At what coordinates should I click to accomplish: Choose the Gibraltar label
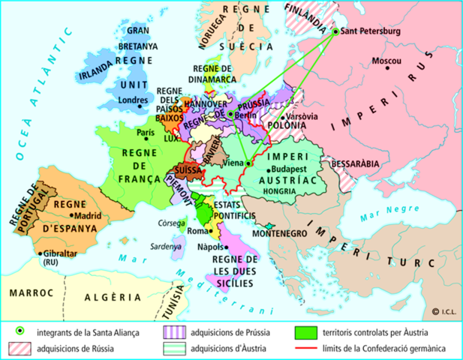pos(60,253)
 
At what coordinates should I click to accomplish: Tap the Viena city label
pos(234,163)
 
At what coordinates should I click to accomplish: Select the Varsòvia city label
pos(304,117)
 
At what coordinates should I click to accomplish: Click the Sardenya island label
pos(165,246)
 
